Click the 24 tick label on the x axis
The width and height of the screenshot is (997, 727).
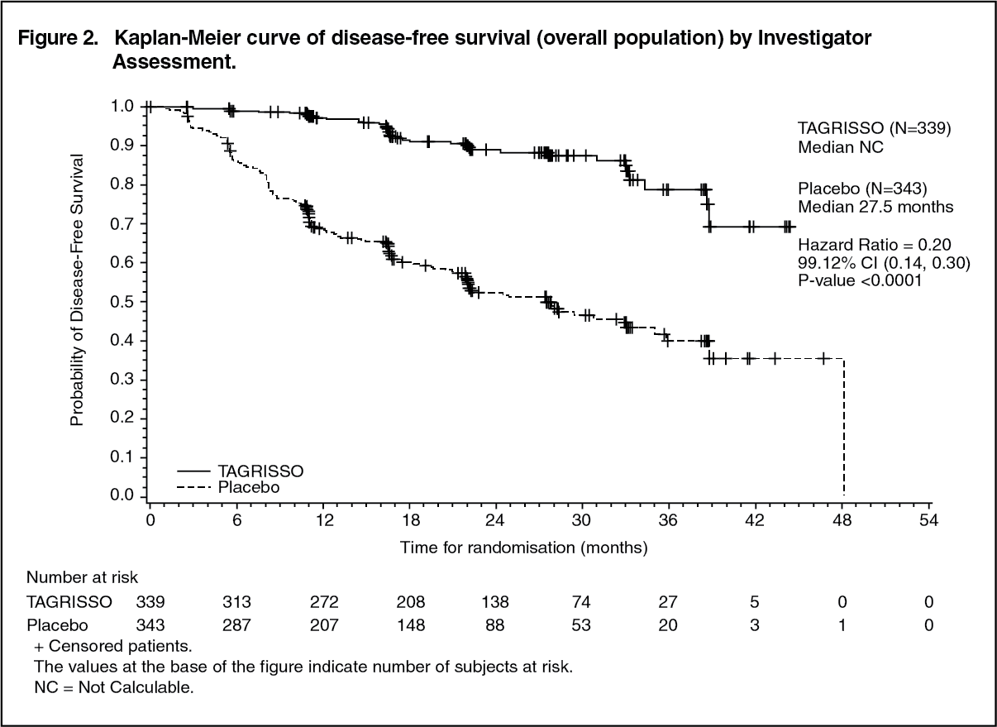495,520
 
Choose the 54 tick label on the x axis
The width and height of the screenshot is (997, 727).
929,520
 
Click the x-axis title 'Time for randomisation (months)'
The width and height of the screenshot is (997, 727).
524,548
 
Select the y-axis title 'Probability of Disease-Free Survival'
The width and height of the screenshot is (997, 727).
77,289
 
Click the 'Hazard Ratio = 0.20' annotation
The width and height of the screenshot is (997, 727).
875,245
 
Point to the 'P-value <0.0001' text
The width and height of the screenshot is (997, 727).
859,280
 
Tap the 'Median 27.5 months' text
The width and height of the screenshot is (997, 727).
875,207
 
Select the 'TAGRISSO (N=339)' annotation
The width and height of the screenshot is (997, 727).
875,128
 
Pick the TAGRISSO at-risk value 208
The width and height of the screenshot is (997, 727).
411,602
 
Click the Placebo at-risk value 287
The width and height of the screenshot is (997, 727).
236,625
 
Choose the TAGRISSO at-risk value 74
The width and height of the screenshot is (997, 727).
582,602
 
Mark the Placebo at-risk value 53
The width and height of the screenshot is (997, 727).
582,625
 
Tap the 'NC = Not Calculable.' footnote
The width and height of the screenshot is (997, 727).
113,688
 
